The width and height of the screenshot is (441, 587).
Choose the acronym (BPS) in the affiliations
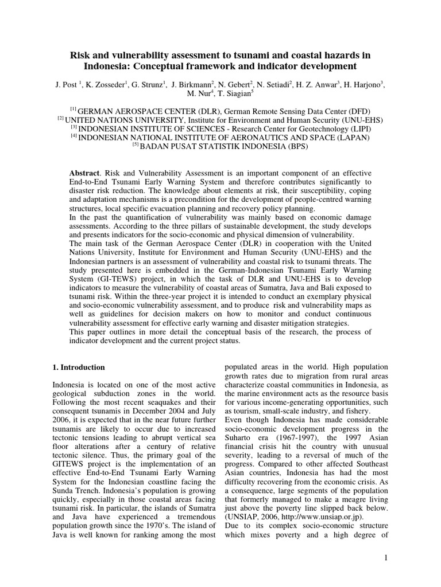[x=296, y=147]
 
